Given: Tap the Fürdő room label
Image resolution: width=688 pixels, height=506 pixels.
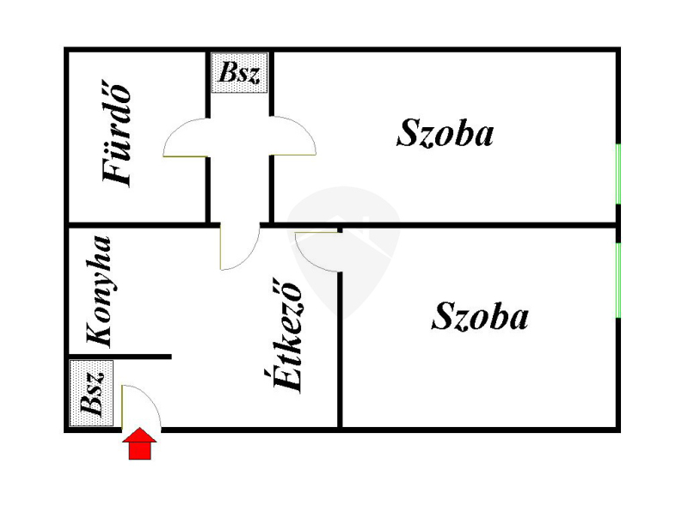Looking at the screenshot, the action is [x=117, y=134].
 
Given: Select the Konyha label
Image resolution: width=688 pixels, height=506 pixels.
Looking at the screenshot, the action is [x=99, y=291].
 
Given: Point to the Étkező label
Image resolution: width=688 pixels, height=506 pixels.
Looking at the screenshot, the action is [x=287, y=335].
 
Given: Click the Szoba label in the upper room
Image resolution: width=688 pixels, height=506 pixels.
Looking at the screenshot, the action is [x=445, y=133].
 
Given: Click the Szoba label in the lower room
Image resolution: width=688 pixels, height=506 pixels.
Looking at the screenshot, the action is [x=480, y=316].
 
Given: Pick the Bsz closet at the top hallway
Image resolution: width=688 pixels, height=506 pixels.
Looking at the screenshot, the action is [x=239, y=73].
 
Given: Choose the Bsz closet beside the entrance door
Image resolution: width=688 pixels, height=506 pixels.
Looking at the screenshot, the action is [x=92, y=393].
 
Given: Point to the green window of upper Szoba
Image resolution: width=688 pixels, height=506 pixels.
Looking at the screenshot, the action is [x=618, y=174].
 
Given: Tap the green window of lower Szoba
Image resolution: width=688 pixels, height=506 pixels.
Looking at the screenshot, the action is [x=618, y=280].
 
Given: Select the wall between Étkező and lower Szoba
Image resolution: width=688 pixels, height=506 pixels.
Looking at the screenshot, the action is [x=340, y=350].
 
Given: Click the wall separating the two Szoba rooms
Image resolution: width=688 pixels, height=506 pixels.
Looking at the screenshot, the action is [x=477, y=225].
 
